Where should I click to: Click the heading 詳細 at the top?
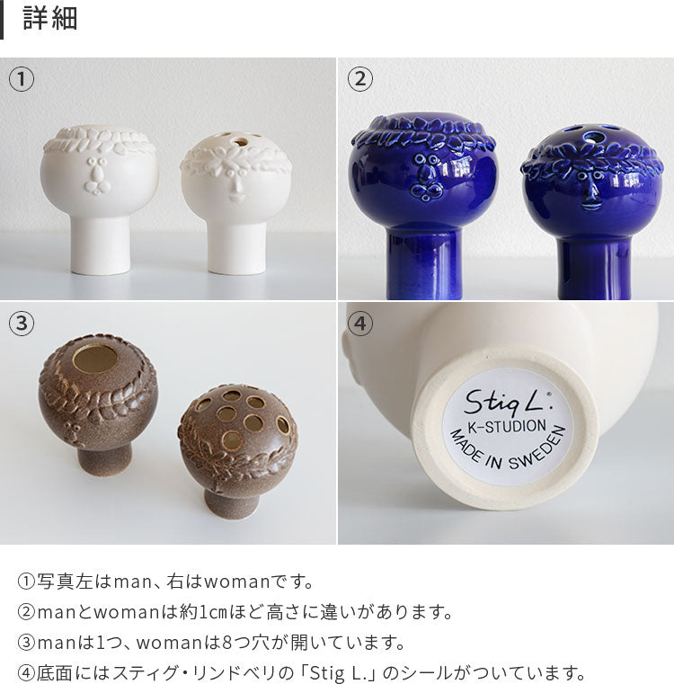coord(50,19)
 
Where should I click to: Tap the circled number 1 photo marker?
coord(22,79)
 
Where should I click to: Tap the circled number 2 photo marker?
coord(359,79)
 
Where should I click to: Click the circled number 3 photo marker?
coord(22,324)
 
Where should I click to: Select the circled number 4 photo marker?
coord(359,324)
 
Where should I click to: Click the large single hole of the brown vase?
coord(95,359)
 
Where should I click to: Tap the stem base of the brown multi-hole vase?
coord(227,504)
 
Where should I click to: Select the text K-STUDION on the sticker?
coord(507,426)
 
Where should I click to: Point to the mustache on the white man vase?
coord(98,187)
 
